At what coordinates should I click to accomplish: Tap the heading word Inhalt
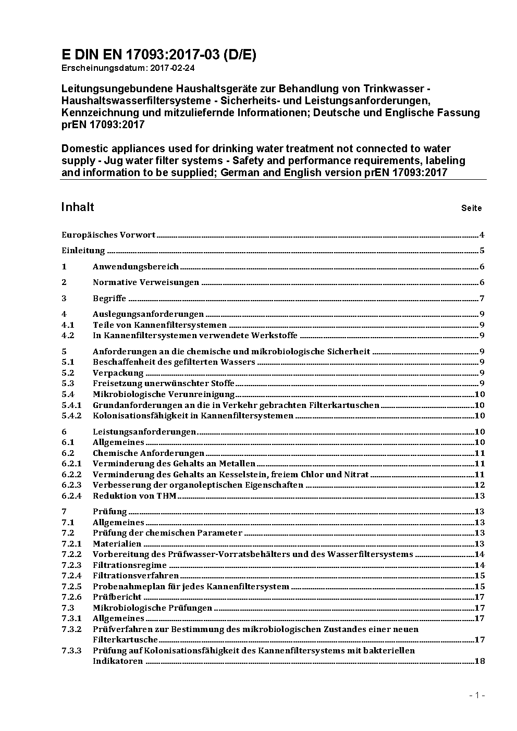click(78, 207)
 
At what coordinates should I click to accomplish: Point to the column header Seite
click(471, 208)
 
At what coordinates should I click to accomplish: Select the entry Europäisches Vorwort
click(108, 235)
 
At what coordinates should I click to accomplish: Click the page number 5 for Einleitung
click(482, 251)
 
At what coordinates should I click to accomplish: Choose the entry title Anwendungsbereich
click(136, 267)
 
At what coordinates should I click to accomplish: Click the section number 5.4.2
click(71, 416)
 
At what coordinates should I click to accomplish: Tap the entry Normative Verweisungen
click(146, 282)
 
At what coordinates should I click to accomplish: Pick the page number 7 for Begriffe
click(482, 299)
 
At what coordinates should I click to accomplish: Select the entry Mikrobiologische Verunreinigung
click(164, 394)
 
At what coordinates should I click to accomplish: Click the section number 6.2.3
click(71, 485)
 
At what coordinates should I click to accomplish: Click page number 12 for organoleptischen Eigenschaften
click(479, 485)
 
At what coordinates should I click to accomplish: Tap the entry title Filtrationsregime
click(130, 565)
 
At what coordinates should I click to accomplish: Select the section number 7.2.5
click(71, 587)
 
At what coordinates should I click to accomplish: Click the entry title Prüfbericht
click(117, 597)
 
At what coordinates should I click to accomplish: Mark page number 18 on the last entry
click(479, 661)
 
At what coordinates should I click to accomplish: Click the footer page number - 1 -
click(477, 696)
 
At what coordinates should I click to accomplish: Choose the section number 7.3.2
click(71, 629)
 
